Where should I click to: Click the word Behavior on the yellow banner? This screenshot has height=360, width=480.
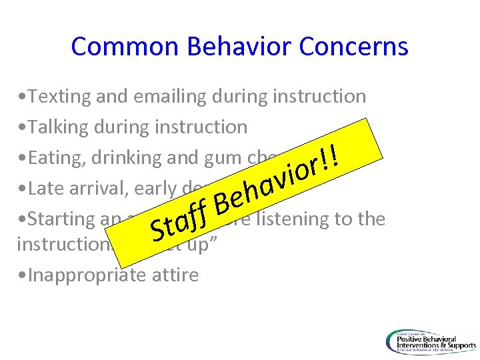click(x=270, y=183)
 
